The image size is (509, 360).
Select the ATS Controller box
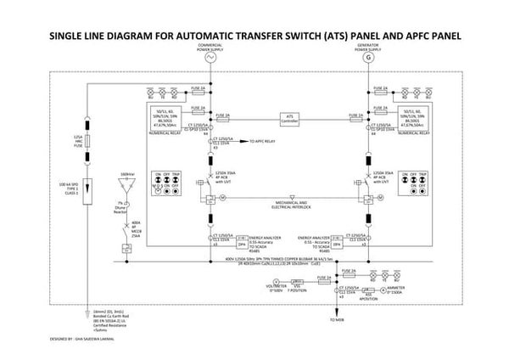293,119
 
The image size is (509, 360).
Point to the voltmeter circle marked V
276,280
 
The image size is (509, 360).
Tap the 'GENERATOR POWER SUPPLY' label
367,44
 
